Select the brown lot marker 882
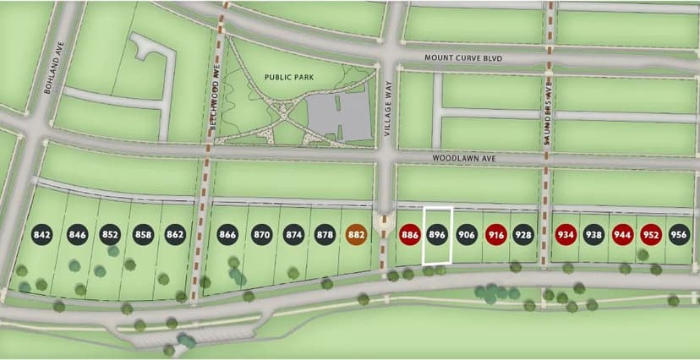[356, 234]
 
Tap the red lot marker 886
[411, 234]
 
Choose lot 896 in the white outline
[437, 234]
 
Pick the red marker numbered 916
[496, 234]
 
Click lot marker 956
[679, 234]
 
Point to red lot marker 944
[622, 234]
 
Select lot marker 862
[175, 234]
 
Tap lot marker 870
[261, 234]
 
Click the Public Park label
[288, 76]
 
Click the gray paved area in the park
[338, 118]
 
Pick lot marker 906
[467, 234]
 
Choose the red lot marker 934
[566, 234]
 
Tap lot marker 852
[110, 234]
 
